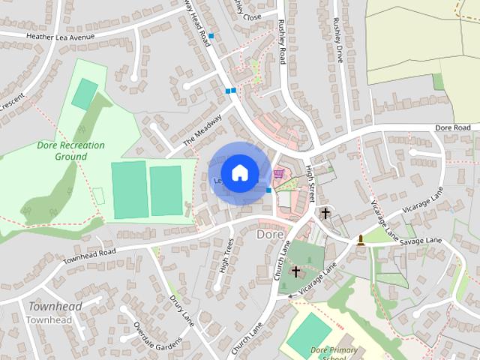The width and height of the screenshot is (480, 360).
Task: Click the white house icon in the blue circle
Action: point(239,172)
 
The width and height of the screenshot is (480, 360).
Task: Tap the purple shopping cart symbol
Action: point(279,173)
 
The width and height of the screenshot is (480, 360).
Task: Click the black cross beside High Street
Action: point(325,213)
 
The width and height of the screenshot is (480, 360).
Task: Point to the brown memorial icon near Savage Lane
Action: point(361,240)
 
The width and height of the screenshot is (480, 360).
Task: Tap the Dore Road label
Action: point(454,128)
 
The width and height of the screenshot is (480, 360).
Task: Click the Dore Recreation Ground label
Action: point(70,151)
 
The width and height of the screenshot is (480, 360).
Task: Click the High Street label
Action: point(310,183)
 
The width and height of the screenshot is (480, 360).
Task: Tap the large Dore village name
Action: point(270,234)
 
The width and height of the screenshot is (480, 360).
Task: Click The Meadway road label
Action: point(204,129)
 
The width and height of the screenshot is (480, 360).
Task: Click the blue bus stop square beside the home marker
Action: point(268,190)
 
